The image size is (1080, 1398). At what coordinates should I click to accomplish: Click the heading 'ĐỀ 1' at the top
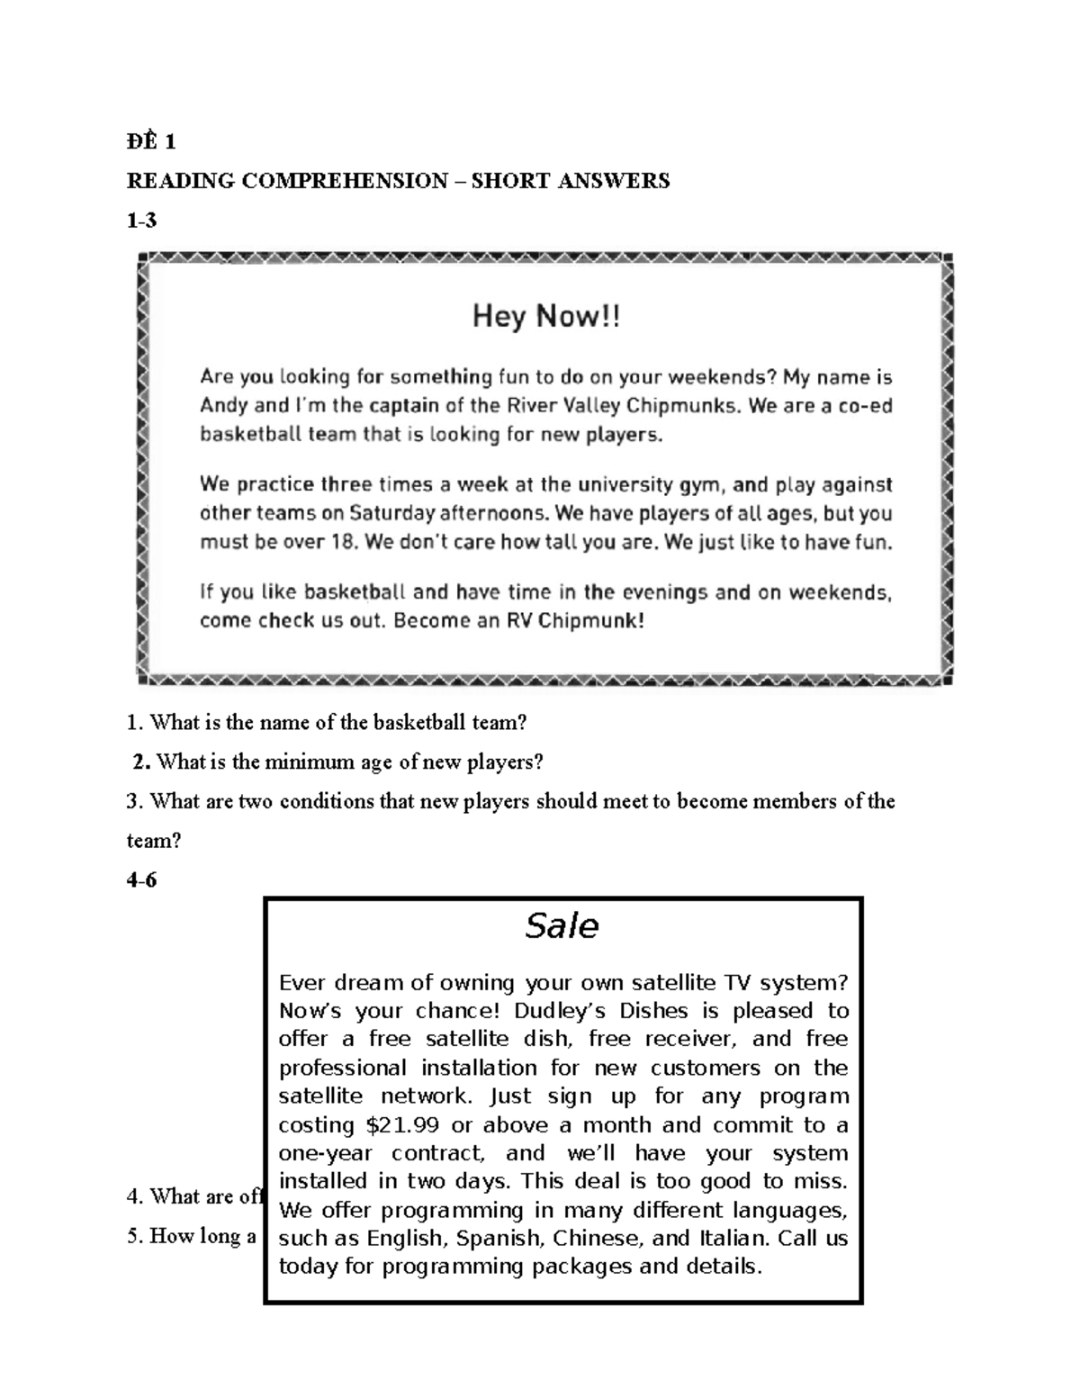pos(150,141)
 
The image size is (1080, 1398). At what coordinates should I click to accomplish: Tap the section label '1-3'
pos(141,221)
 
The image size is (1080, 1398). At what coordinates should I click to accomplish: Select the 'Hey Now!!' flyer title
pos(546,317)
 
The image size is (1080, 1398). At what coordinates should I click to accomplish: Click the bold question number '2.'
pos(141,762)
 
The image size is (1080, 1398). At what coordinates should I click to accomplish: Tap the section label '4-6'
pos(141,880)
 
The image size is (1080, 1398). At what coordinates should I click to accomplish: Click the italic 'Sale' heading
pos(562,925)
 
